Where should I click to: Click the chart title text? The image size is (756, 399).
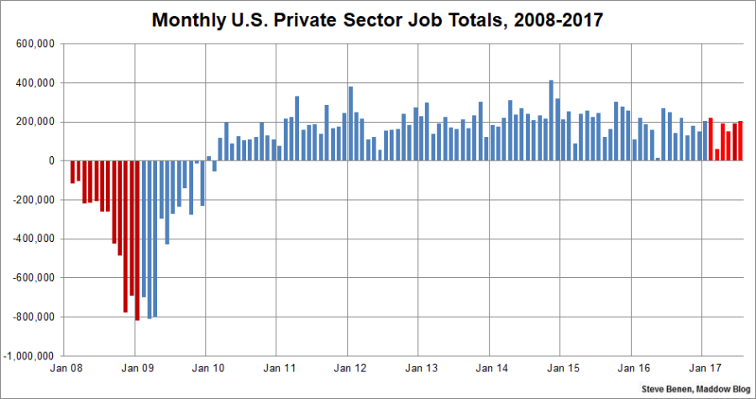click(377, 19)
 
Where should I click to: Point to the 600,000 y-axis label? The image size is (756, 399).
click(33, 45)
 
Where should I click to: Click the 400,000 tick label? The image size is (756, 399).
click(33, 83)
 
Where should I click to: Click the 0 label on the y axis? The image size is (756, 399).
click(51, 161)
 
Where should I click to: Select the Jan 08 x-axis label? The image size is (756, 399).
click(66, 367)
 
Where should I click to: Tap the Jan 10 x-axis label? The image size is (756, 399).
click(207, 367)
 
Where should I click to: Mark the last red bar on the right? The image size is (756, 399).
click(740, 141)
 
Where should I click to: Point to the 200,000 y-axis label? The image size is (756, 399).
click(33, 123)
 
